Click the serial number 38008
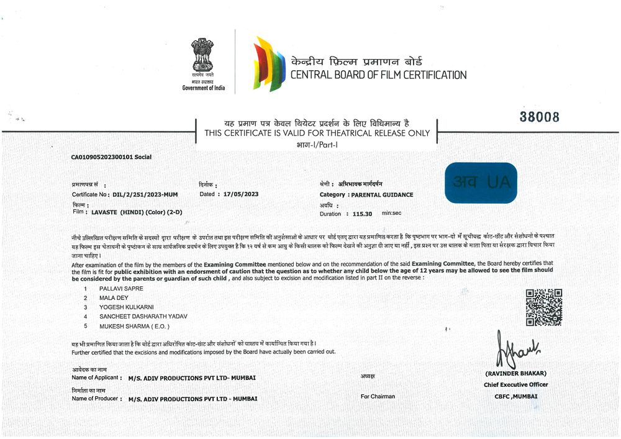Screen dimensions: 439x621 (x=539, y=117)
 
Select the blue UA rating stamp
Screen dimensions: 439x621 (x=481, y=183)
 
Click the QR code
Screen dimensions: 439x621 (x=544, y=307)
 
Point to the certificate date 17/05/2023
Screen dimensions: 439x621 (x=238, y=194)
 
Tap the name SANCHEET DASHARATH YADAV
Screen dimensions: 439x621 (x=138, y=317)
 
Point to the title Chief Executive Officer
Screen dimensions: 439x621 (x=516, y=384)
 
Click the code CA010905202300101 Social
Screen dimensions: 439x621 (x=111, y=157)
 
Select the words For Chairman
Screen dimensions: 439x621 (x=378, y=396)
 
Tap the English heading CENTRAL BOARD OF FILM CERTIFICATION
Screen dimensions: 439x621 (x=378, y=75)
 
